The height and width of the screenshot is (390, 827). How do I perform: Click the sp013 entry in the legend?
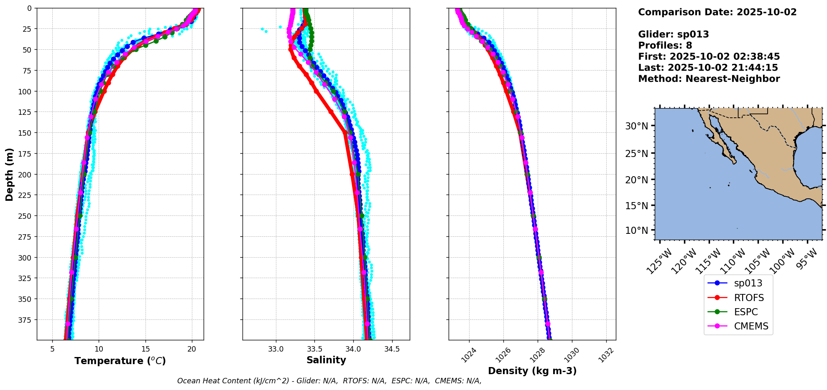pos(748,283)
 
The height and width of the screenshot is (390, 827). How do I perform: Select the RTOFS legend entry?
pos(748,298)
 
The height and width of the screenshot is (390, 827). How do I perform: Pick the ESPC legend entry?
pos(745,312)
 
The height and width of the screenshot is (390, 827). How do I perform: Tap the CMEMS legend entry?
pos(751,326)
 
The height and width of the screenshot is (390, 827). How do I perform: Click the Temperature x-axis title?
pos(120,361)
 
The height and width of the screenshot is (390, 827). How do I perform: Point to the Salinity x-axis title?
pos(326,360)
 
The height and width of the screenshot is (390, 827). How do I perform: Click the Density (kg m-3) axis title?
pos(532,371)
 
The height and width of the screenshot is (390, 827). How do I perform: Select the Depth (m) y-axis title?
pos(9,174)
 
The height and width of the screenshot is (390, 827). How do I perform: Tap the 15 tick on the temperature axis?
pos(145,349)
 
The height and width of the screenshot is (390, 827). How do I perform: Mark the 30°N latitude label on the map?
pos(636,126)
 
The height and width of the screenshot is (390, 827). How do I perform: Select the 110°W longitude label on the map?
pos(735,261)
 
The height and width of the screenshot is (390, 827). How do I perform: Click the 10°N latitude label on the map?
pos(636,230)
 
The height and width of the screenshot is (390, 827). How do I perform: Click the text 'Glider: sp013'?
pos(673,34)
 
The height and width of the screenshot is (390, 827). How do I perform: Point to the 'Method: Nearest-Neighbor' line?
pos(709,79)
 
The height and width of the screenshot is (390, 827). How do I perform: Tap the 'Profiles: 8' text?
pos(665,46)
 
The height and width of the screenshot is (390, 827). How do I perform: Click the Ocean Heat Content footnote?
pos(329,381)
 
